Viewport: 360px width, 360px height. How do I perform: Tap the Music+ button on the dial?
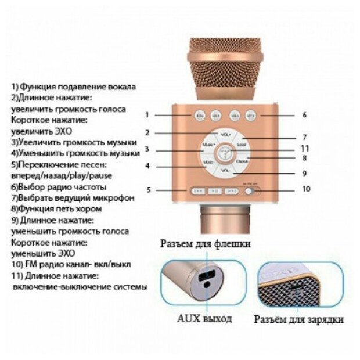point(208,145)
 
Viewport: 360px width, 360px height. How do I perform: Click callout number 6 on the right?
point(304,115)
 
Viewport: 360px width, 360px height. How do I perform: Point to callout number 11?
point(304,148)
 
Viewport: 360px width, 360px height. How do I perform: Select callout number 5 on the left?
point(149,190)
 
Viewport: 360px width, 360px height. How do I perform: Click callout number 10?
point(306,189)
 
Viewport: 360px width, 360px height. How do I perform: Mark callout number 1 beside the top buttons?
point(147,114)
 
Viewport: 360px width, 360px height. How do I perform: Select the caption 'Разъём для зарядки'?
point(299,319)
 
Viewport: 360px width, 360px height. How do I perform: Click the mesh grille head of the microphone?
point(225,64)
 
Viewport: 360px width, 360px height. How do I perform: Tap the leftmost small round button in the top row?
point(199,114)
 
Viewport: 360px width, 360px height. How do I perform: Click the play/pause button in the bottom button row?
point(215,190)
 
